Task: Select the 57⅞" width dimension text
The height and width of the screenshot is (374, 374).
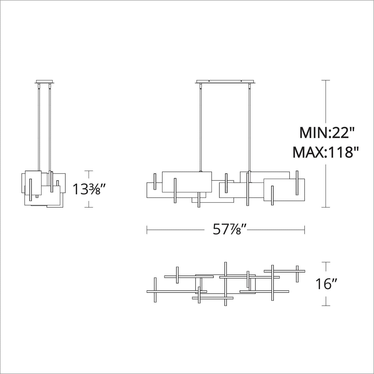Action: pos(227,229)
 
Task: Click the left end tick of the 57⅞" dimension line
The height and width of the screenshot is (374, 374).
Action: pos(147,230)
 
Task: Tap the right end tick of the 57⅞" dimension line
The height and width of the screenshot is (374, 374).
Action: pos(305,230)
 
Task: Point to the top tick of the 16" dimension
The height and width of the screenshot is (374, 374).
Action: pos(326,262)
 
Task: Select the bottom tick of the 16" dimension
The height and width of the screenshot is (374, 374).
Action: pos(326,305)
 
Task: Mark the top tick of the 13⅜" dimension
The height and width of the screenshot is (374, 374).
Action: pos(89,171)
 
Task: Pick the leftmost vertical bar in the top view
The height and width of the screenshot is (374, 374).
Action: pos(155,290)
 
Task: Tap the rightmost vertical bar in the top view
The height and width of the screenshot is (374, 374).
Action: pos(297,274)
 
